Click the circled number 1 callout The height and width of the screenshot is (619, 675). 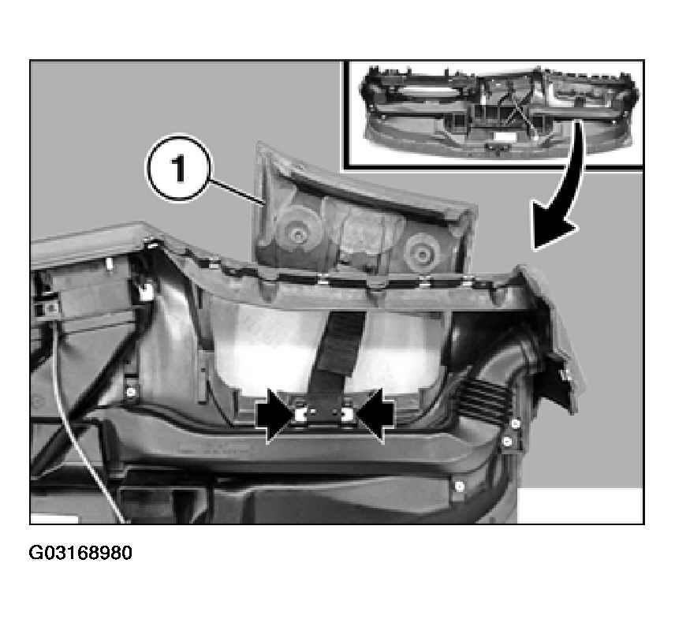179,168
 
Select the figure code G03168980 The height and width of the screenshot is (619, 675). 80,553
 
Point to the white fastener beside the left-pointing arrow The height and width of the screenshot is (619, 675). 348,415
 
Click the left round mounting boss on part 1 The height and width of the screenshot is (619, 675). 297,234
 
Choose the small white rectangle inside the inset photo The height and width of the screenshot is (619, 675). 504,137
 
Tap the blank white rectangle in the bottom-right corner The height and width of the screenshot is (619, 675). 580,505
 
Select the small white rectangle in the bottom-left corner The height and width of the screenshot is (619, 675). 54,519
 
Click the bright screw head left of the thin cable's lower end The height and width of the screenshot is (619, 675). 131,392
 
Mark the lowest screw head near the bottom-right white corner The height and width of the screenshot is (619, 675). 460,487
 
